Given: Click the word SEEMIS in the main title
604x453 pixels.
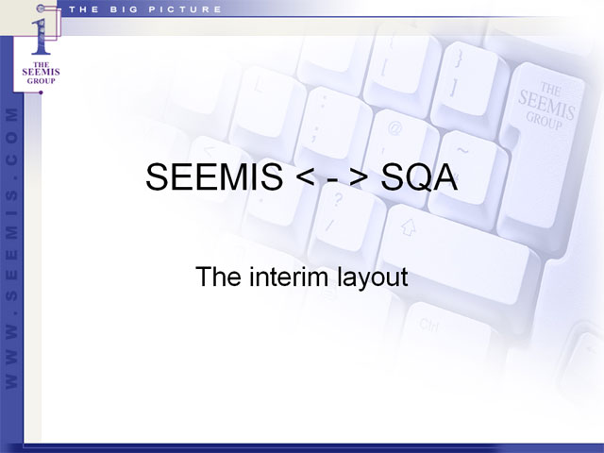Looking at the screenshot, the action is [x=214, y=177].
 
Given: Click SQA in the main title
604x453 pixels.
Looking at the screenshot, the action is [x=419, y=177].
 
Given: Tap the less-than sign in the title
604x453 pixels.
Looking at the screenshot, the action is [x=306, y=178].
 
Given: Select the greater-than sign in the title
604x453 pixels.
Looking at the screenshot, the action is [x=359, y=178].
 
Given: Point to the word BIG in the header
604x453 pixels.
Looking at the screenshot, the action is [x=124, y=9].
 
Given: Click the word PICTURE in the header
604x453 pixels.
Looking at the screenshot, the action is [x=185, y=9].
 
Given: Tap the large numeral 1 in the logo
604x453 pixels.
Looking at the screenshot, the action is [x=41, y=37].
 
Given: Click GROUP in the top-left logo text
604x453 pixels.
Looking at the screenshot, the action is [x=42, y=81].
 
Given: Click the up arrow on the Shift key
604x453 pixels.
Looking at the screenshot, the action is [x=409, y=227].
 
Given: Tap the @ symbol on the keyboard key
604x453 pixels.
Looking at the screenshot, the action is [x=394, y=128].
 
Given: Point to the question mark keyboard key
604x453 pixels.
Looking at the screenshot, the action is [x=344, y=223].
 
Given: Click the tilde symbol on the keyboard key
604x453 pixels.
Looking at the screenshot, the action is [x=462, y=150].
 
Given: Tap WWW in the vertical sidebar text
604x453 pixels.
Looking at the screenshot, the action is [x=11, y=355].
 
